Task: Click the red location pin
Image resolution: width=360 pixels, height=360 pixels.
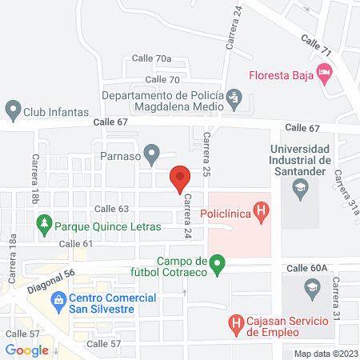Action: coord(180,178)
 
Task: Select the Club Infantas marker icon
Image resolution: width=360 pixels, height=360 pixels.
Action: coord(12,108)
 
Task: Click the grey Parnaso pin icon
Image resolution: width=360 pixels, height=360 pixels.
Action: coord(151,151)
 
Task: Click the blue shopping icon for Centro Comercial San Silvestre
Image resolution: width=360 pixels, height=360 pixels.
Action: coord(58,302)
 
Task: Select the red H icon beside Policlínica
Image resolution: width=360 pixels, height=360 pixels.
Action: coord(260,211)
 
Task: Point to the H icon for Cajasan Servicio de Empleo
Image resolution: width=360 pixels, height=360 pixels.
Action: coord(236,324)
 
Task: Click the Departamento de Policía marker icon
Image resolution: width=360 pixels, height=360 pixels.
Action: coord(234,100)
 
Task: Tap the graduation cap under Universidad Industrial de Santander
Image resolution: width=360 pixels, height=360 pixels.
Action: coord(300,190)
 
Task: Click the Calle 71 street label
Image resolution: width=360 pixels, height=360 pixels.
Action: coord(316,44)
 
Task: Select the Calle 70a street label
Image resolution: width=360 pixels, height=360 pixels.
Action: coord(153,58)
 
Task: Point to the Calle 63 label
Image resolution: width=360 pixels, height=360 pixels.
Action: coord(111,209)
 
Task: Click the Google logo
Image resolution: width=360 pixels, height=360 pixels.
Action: coord(26,350)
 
